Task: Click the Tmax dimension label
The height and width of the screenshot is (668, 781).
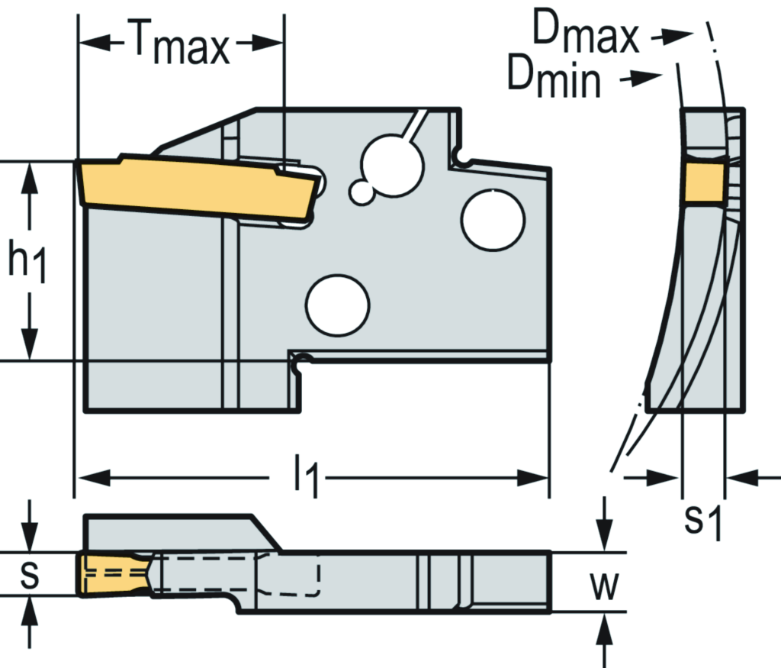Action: click(x=180, y=44)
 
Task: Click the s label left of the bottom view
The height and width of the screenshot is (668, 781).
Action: click(x=29, y=575)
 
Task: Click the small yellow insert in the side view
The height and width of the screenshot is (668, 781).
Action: click(x=702, y=183)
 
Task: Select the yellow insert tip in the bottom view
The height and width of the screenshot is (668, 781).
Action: click(x=114, y=574)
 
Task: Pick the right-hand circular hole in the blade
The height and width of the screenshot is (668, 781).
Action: click(x=493, y=219)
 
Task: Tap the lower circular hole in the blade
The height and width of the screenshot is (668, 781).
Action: click(x=337, y=305)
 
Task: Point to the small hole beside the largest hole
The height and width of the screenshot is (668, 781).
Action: click(x=362, y=192)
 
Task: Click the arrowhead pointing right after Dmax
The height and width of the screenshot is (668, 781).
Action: click(x=679, y=35)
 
